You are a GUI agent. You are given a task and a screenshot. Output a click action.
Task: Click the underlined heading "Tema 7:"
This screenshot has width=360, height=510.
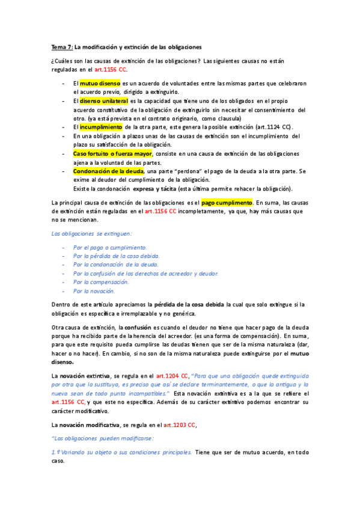[61, 47]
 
